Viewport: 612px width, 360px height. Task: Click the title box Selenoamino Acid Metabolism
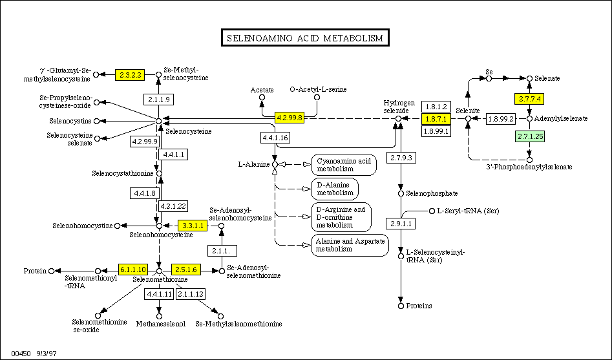click(305, 38)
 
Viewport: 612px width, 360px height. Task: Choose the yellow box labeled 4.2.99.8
click(290, 118)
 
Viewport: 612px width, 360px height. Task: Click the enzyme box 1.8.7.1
click(436, 118)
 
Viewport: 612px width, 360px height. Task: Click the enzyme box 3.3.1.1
click(193, 226)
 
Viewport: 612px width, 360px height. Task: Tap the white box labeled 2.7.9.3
click(402, 158)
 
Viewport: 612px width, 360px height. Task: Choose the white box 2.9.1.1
click(402, 224)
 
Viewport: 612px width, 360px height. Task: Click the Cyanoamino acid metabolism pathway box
click(343, 165)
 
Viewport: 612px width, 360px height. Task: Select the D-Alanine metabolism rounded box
click(334, 189)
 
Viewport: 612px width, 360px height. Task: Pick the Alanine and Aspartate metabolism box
click(349, 244)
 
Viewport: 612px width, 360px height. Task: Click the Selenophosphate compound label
click(432, 193)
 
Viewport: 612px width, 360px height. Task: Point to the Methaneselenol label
click(160, 323)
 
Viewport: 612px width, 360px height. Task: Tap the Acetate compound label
click(262, 89)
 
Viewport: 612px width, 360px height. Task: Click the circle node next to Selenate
click(530, 78)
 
